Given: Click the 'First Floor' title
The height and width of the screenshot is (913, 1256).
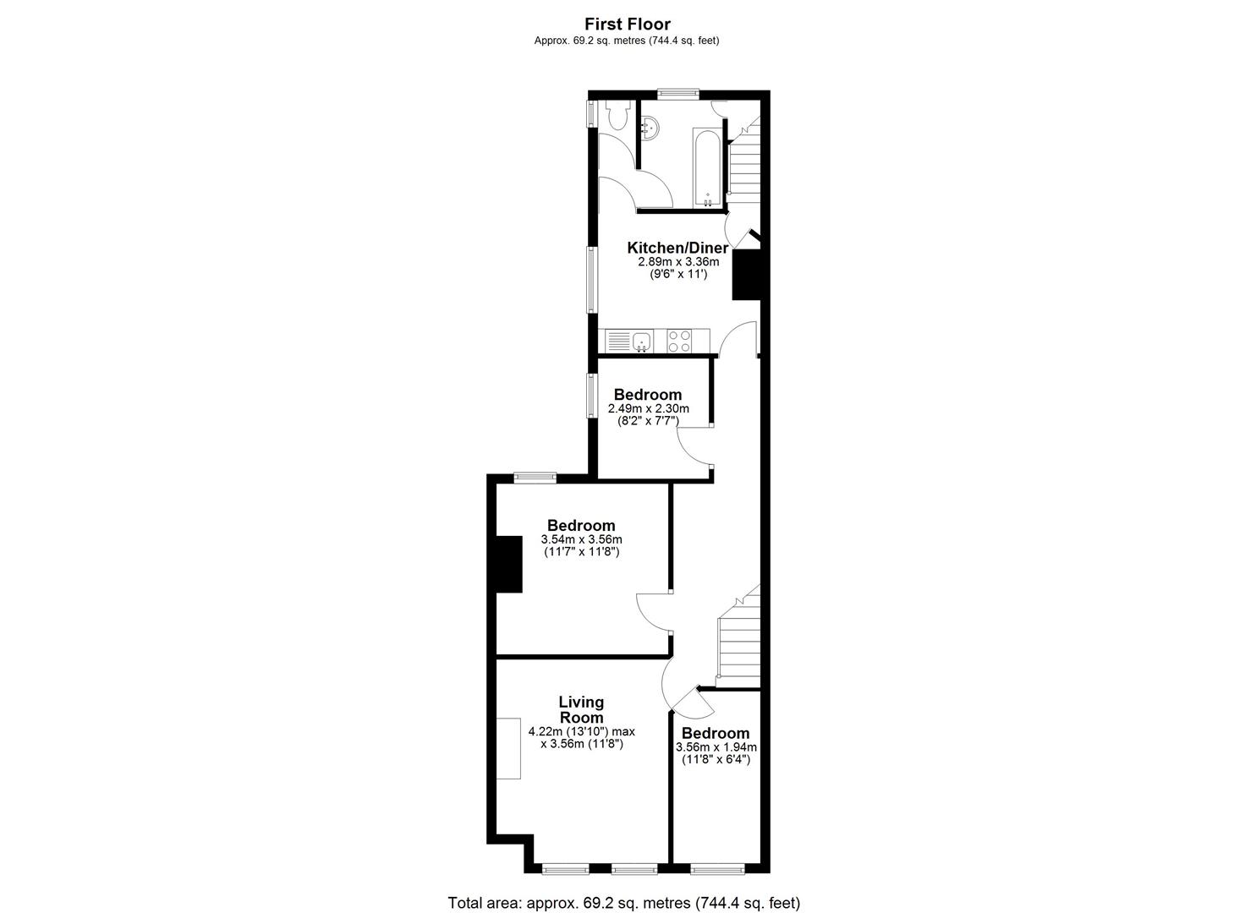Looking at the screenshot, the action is pos(628,25).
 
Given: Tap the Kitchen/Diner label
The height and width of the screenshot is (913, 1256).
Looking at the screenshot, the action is pos(677,248).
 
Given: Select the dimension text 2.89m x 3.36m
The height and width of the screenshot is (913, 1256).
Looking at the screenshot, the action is pos(678,262).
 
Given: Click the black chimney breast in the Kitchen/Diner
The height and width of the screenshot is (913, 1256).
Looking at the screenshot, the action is pos(746,275).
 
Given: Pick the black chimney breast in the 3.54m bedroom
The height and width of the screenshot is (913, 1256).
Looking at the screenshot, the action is pos(509,564).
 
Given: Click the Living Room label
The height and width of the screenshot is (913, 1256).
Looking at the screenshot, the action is pos(581,709).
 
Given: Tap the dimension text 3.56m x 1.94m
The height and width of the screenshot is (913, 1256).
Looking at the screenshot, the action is pos(716,747).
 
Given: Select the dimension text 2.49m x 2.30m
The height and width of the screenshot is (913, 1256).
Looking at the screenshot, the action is pos(648,408).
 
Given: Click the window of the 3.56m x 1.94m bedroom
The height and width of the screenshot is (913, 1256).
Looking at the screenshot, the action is pos(718,869).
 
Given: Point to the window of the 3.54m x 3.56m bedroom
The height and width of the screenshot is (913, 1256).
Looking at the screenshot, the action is pos(535,478).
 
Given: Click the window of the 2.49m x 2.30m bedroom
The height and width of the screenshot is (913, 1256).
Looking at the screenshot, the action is pos(592,396).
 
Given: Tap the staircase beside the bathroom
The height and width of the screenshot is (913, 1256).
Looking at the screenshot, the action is pos(743,165).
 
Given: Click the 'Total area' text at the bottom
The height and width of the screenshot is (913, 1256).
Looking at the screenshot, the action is pos(623,903).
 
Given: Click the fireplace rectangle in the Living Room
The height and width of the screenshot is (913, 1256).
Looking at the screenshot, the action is pos(508,748).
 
